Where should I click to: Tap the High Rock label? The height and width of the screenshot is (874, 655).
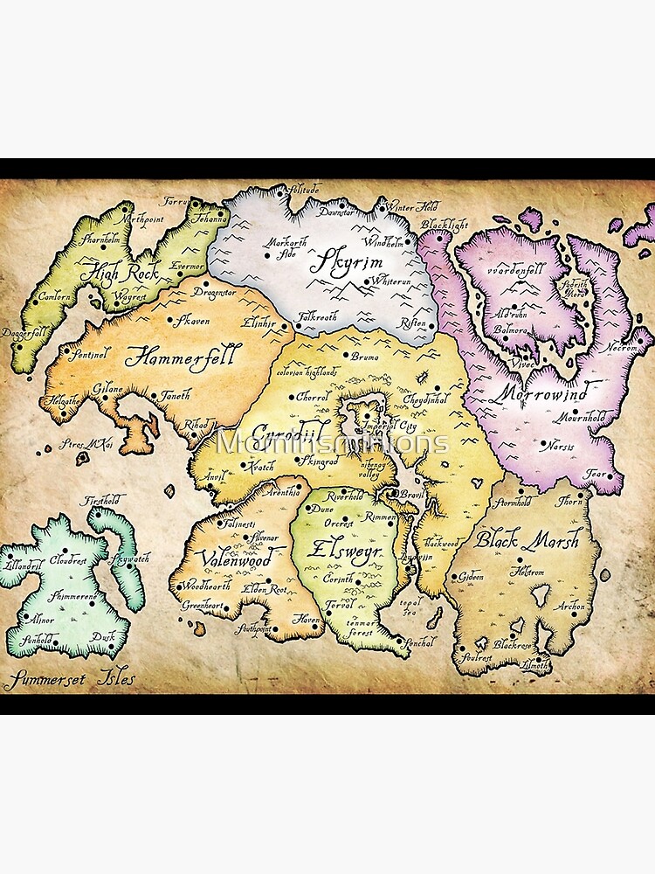(120, 274)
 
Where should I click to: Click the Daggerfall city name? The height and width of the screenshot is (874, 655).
(24, 333)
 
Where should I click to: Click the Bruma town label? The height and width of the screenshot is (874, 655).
(363, 356)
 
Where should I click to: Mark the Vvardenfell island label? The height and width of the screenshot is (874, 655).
(518, 269)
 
